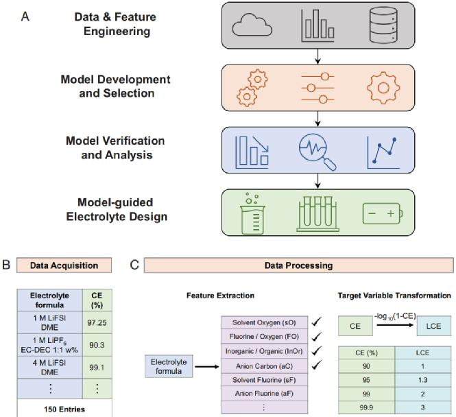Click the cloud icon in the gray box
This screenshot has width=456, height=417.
pyautogui.click(x=252, y=25)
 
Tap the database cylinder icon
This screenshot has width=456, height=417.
pyautogui.click(x=383, y=25)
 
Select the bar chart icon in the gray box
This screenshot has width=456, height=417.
pyautogui.click(x=318, y=25)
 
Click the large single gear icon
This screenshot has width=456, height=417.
pyautogui.click(x=383, y=88)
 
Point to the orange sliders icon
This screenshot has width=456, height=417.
pyautogui.click(x=318, y=88)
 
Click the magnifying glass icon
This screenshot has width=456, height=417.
pyautogui.click(x=317, y=152)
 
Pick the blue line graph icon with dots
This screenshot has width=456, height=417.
pyautogui.click(x=383, y=152)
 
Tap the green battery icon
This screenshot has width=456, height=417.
pyautogui.click(x=383, y=214)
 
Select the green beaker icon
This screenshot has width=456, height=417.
pyautogui.click(x=252, y=213)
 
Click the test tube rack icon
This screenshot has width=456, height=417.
pyautogui.click(x=317, y=214)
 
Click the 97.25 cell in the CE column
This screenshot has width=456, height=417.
pyautogui.click(x=97, y=322)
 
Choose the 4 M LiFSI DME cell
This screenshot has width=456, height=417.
pyautogui.click(x=50, y=367)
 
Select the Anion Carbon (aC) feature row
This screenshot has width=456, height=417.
pyautogui.click(x=265, y=366)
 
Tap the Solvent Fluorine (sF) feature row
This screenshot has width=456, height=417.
pyautogui.click(x=265, y=380)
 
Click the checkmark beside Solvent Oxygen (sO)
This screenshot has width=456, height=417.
pyautogui.click(x=316, y=322)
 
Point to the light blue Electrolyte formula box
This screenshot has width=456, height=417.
pyautogui.click(x=169, y=366)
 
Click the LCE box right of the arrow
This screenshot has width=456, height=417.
pyautogui.click(x=434, y=326)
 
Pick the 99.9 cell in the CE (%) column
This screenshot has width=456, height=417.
pyautogui.click(x=366, y=407)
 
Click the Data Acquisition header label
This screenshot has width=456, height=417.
pyautogui.click(x=64, y=265)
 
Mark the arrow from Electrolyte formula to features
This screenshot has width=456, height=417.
pyautogui.click(x=207, y=367)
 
